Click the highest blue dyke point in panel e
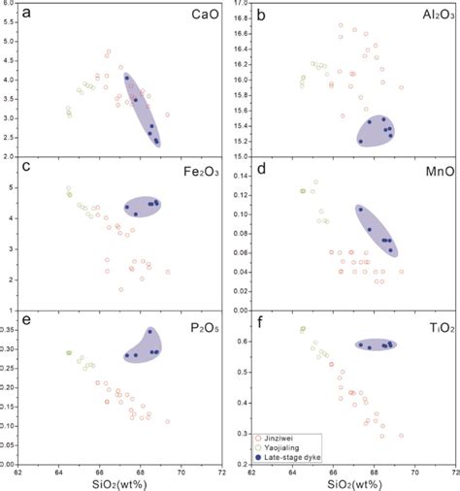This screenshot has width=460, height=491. [x=149, y=332]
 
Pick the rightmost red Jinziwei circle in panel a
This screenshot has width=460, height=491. [x=167, y=115]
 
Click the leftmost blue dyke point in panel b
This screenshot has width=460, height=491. [x=361, y=141]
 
